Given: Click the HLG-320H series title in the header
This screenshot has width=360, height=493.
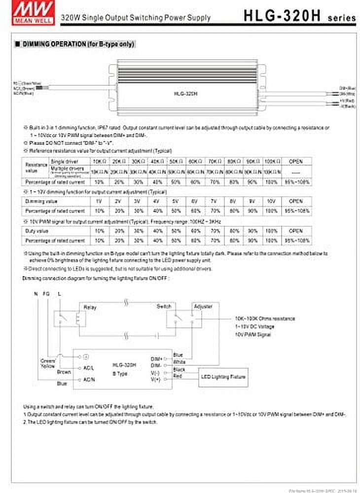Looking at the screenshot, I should pyautogui.click(x=299, y=16).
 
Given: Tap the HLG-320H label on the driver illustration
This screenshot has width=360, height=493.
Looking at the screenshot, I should pyautogui.click(x=182, y=92).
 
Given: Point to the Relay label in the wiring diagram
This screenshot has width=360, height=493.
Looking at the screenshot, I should pyautogui.click(x=90, y=307).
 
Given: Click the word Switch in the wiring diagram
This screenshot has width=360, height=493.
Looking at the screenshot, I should pyautogui.click(x=164, y=306).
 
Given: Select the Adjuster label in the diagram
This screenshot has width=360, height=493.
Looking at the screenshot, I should pyautogui.click(x=203, y=306).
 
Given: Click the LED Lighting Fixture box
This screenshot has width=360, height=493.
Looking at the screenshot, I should pyautogui.click(x=223, y=377).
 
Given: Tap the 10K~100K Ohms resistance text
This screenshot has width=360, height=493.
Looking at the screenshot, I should pyautogui.click(x=265, y=318).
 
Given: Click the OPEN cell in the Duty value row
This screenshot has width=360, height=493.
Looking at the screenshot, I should pyautogui.click(x=295, y=231).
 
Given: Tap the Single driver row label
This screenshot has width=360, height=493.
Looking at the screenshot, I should pyautogui.click(x=64, y=161).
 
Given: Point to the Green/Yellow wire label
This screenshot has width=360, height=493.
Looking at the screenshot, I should pyautogui.click(x=48, y=363).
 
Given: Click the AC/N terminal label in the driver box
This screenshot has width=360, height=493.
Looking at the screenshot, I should pyautogui.click(x=90, y=379).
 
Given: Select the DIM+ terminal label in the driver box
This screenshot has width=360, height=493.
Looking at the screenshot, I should pyautogui.click(x=156, y=358).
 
